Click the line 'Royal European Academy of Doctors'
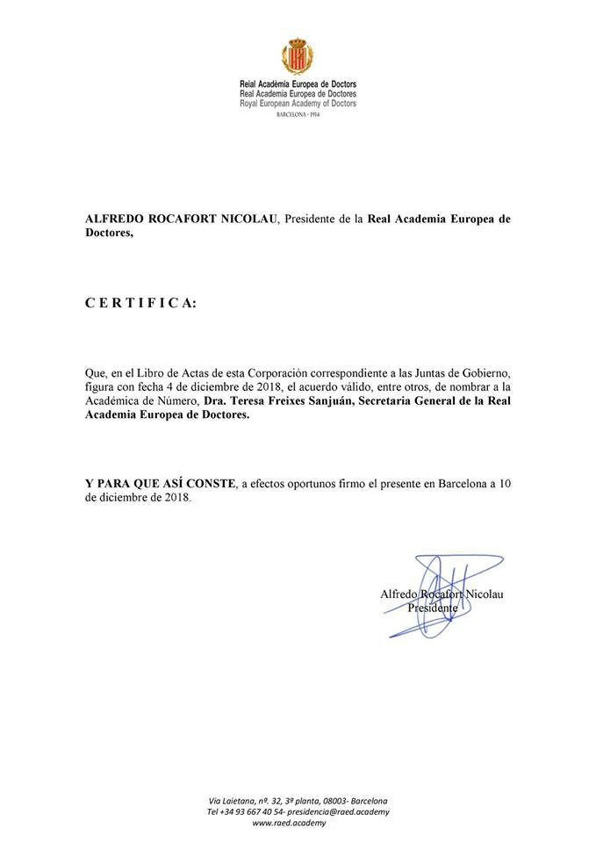[298, 104]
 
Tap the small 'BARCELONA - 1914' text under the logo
[298, 115]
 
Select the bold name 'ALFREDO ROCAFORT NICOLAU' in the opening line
[182, 220]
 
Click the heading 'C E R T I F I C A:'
[141, 303]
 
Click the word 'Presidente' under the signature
[432, 608]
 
